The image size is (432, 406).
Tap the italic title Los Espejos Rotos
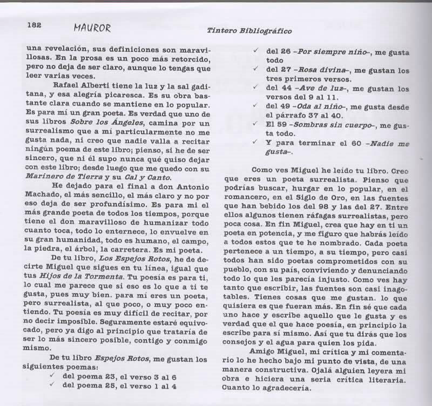tap(120, 258)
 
